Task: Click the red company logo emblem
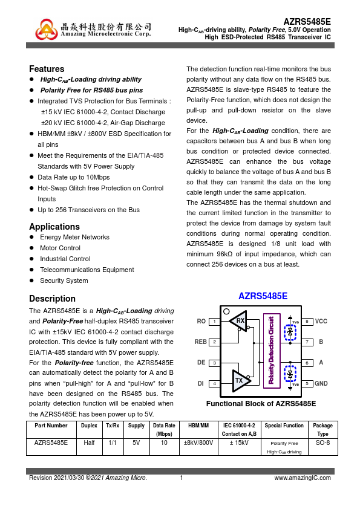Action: (x=46, y=29)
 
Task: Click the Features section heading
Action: (x=47, y=69)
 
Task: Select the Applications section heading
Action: (x=54, y=227)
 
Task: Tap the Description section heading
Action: (x=52, y=299)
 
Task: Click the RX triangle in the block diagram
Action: (x=238, y=321)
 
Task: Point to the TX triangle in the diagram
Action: (x=241, y=380)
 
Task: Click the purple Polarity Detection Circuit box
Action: (x=272, y=351)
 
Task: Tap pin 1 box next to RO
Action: (x=214, y=322)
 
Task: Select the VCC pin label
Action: (x=321, y=322)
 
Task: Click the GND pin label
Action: (x=321, y=384)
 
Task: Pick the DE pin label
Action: (x=201, y=363)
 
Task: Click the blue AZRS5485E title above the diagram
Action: (x=263, y=296)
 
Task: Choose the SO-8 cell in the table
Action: (x=322, y=443)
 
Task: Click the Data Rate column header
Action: (x=164, y=429)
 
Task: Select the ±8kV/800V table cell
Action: (x=198, y=443)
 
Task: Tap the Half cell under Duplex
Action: (x=89, y=443)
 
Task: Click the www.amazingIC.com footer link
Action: (x=303, y=478)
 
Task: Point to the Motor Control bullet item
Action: (x=60, y=248)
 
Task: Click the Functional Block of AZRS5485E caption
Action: (x=261, y=404)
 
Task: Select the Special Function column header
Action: (x=284, y=426)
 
